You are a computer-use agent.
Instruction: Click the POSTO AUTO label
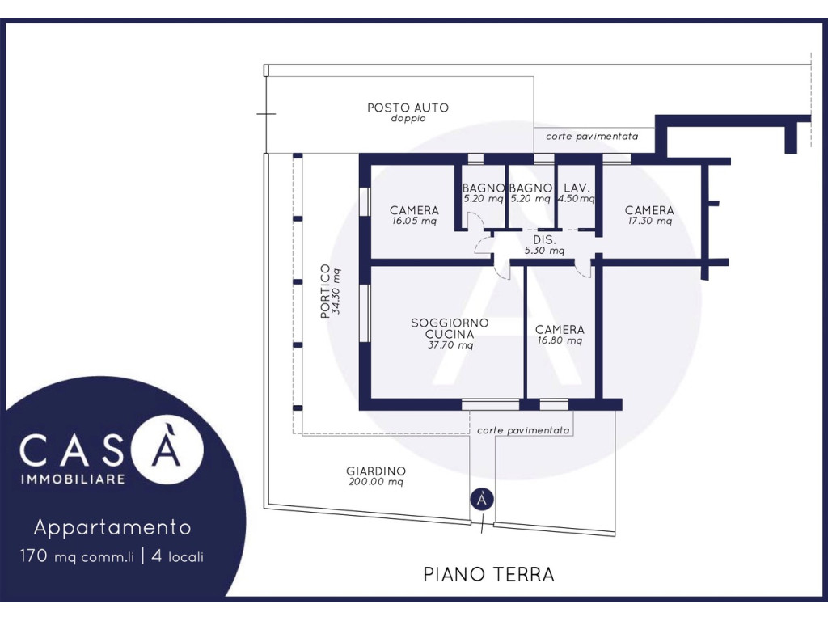pyautogui.click(x=408, y=108)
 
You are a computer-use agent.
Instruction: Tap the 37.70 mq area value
pyautogui.click(x=450, y=345)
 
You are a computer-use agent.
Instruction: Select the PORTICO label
pyautogui.click(x=325, y=291)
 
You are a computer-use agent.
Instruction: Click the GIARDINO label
pyautogui.click(x=376, y=471)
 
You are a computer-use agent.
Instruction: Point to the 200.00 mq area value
pyautogui.click(x=376, y=482)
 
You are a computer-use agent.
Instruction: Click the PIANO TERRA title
pyautogui.click(x=489, y=574)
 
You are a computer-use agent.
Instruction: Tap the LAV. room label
pyautogui.click(x=577, y=188)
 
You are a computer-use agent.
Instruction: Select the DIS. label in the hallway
pyautogui.click(x=544, y=239)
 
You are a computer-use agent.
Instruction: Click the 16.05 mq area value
pyautogui.click(x=414, y=222)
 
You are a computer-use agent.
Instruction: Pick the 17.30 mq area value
pyautogui.click(x=649, y=222)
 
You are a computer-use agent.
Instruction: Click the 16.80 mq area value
pyautogui.click(x=560, y=340)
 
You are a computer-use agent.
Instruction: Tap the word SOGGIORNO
pyautogui.click(x=450, y=323)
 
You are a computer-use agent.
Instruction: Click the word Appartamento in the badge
pyautogui.click(x=112, y=527)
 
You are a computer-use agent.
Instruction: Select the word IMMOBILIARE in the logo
pyautogui.click(x=73, y=479)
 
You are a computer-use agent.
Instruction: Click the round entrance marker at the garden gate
pyautogui.click(x=482, y=499)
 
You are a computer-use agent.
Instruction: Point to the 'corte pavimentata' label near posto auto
pyautogui.click(x=592, y=136)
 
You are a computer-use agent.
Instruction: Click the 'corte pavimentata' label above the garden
pyautogui.click(x=523, y=430)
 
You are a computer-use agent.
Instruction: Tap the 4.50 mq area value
pyautogui.click(x=577, y=199)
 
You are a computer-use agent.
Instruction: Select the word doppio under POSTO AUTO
pyautogui.click(x=408, y=119)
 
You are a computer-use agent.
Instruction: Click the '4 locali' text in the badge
pyautogui.click(x=177, y=556)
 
